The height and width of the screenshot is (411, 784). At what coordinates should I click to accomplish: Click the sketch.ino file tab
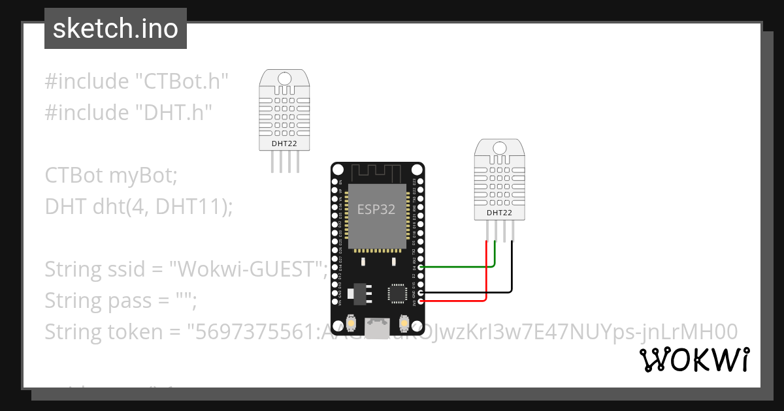point(115,29)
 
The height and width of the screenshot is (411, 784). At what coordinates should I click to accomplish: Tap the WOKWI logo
point(694,360)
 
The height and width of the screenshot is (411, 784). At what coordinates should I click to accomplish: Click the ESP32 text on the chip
point(377,209)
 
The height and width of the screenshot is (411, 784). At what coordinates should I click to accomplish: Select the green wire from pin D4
point(457,266)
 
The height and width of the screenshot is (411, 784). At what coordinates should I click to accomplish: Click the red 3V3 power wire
point(457,301)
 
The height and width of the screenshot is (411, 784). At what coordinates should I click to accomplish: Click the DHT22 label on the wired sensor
point(499,213)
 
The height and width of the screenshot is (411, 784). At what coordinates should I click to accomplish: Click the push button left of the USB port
point(351,324)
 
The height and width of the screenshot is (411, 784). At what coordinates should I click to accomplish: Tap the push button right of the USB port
point(403,324)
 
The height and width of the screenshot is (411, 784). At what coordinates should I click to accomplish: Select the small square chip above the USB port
point(397,293)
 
